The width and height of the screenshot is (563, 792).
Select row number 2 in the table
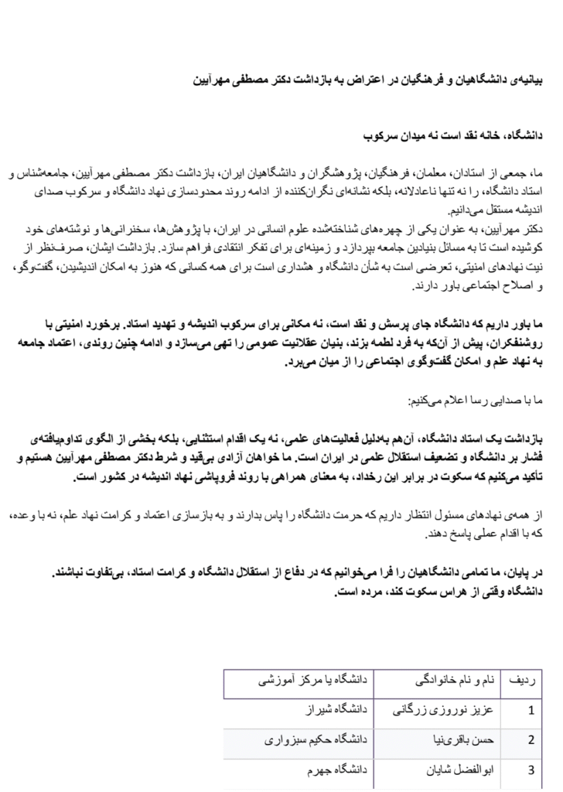531,740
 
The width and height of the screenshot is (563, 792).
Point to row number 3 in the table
531,770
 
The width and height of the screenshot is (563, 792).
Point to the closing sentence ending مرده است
442,593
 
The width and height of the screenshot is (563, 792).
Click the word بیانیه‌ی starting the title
528,79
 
